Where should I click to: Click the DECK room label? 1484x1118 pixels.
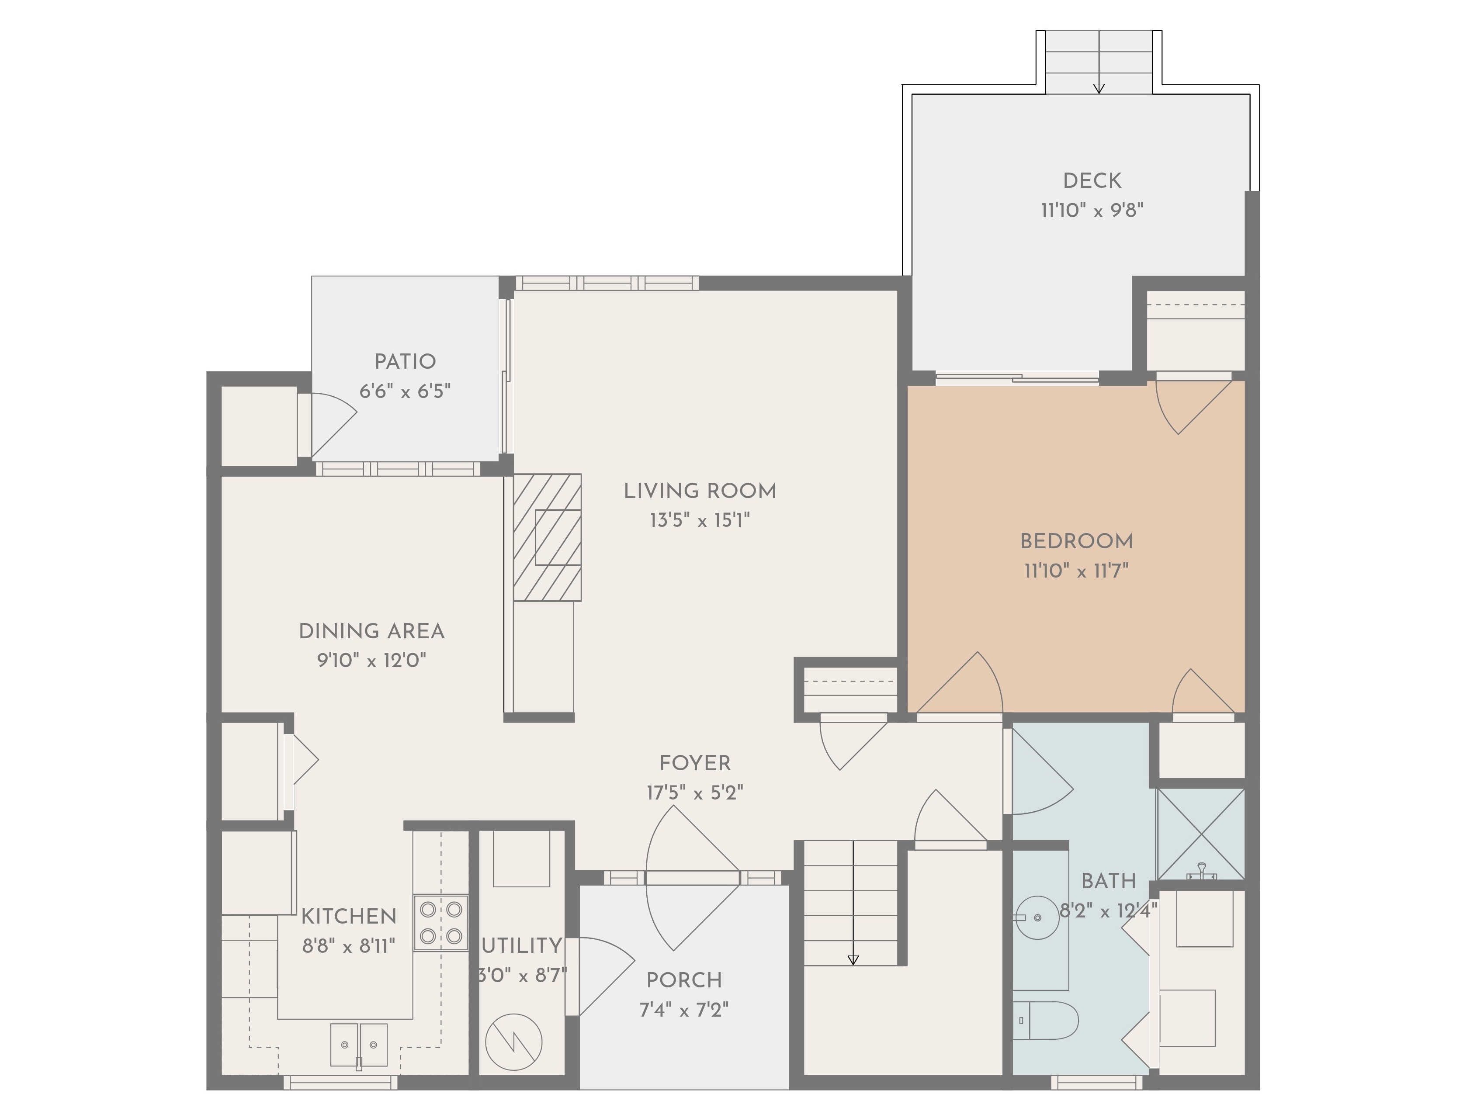tap(1092, 180)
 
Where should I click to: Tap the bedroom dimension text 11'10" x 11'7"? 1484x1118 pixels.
tap(1076, 571)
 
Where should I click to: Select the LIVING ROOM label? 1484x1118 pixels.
tap(700, 491)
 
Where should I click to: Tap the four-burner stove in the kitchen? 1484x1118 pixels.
tap(441, 922)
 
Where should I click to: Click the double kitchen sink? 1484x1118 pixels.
tap(358, 1045)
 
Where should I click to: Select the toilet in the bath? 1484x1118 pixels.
tap(1044, 1021)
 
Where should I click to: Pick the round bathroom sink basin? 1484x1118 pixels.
tap(1038, 917)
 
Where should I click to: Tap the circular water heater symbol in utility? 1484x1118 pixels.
tap(513, 1042)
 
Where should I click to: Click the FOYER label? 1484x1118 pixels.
tap(695, 763)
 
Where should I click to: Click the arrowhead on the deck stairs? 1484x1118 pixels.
tap(1099, 88)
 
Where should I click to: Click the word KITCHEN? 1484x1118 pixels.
tap(349, 916)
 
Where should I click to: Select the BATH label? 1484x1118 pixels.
tap(1108, 881)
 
